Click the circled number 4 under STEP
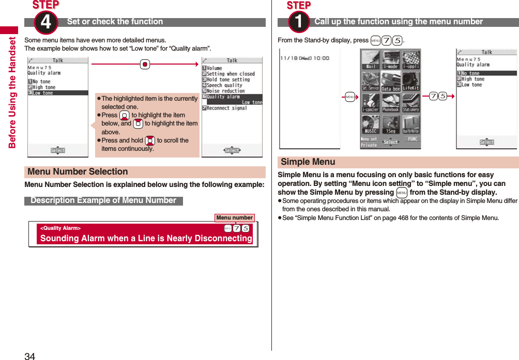pos(45,22)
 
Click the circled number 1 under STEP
pos(298,22)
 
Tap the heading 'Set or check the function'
pos(115,22)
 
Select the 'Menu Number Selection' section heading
pos(78,172)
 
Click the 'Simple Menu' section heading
pos(308,162)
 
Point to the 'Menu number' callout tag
pos(234,218)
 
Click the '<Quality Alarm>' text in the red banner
pos(60,228)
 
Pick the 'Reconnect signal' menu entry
pos(226,108)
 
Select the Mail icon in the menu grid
pos(371,60)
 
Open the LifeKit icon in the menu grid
pos(410,81)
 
